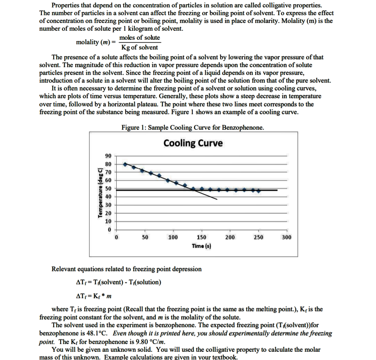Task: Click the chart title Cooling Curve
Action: tap(193, 143)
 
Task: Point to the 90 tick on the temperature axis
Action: tap(108, 156)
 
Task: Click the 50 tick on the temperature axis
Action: tap(108, 188)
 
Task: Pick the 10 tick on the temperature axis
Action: tap(108, 221)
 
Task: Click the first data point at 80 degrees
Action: tap(125, 164)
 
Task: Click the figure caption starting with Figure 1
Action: tap(192, 127)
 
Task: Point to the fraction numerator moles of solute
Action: tap(140, 38)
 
